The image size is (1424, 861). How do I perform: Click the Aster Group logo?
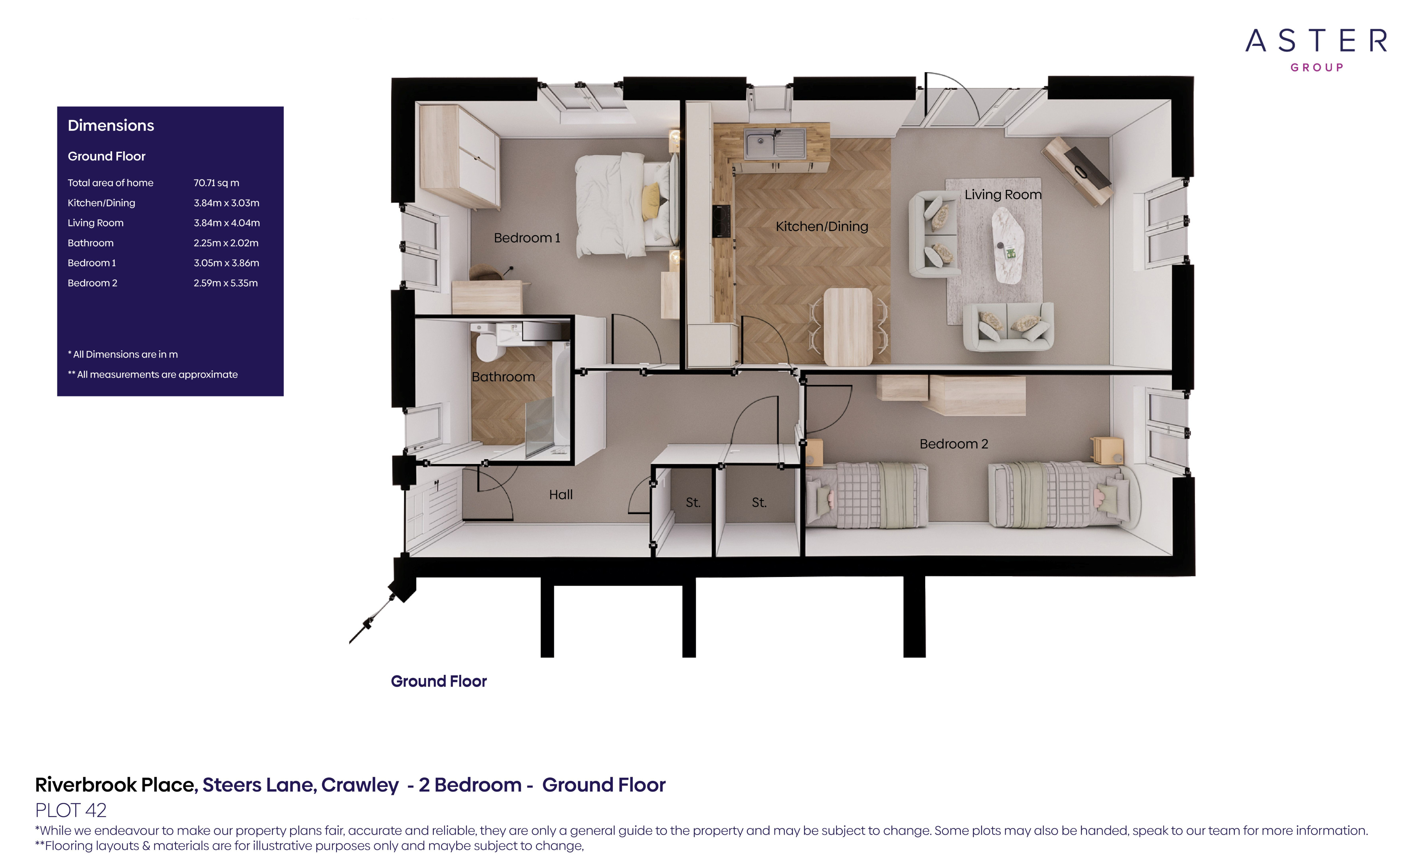1316,49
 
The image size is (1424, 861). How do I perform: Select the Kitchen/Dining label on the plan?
821,226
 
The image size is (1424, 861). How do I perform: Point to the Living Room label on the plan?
1003,195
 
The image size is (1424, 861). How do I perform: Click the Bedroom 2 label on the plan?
954,444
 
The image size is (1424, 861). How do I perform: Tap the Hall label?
561,495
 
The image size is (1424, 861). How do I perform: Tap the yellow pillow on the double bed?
651,199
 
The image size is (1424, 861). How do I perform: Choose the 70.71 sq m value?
216,183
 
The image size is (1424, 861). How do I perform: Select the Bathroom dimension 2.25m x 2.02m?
226,243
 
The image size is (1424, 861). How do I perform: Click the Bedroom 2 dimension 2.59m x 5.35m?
225,283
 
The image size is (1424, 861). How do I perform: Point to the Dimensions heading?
111,126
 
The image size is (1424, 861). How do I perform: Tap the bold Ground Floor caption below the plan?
439,681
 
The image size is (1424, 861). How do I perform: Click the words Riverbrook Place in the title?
116,785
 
